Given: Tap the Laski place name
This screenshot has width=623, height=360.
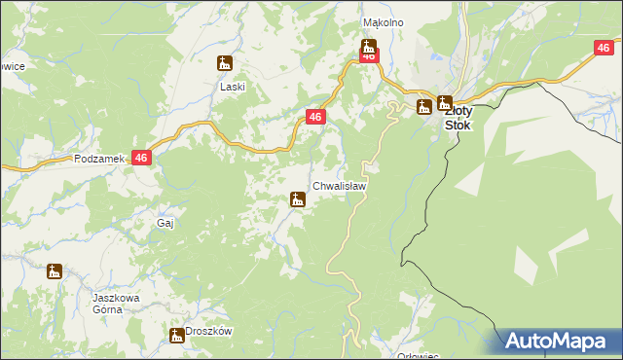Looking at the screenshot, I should tap(232, 86).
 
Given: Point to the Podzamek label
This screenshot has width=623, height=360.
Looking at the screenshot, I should tap(98, 158).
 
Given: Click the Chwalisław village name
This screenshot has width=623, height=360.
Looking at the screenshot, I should tap(339, 185).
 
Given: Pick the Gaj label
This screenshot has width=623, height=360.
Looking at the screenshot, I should tap(165, 223).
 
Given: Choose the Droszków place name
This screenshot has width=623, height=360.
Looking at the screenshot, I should tap(209, 331).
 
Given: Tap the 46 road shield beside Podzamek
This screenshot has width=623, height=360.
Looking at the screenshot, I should tap(142, 158).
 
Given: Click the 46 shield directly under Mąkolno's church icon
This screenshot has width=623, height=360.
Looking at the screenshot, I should tap(368, 57).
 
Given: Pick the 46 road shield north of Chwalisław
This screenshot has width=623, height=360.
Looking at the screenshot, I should tap(314, 117).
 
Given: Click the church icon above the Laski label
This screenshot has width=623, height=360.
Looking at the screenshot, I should tap(225, 64).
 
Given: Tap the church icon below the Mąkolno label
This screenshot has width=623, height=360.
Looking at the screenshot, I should tap(368, 45).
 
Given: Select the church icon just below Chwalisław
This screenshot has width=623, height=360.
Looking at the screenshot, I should tap(297, 200).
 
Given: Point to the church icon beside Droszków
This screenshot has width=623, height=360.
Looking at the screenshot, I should tap(177, 336).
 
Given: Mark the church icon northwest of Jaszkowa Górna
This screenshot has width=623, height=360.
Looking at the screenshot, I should tap(55, 271).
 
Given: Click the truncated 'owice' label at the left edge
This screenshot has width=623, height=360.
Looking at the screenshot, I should tap(12, 67).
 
